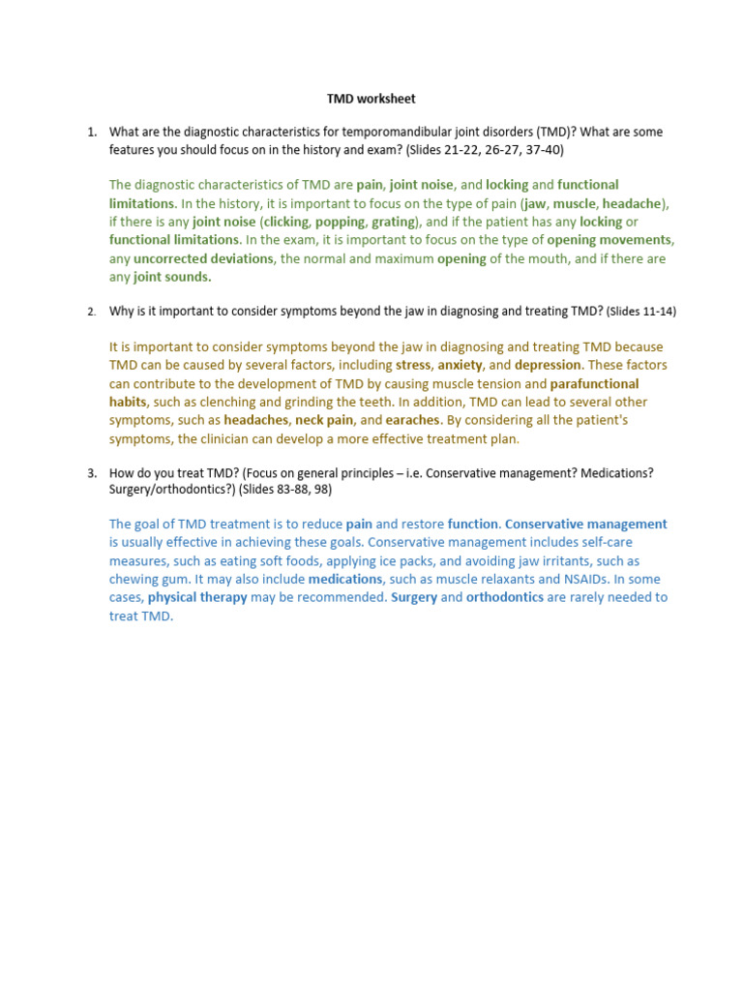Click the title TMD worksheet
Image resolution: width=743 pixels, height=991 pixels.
[371, 99]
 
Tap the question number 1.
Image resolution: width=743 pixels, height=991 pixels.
[92, 132]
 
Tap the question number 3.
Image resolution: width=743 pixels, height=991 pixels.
[92, 472]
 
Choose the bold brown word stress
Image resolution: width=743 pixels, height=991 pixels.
[413, 365]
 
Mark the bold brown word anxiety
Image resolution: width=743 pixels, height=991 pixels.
[460, 365]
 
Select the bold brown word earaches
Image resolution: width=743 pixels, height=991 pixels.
[413, 420]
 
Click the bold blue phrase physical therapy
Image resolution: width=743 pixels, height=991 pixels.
[197, 597]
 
